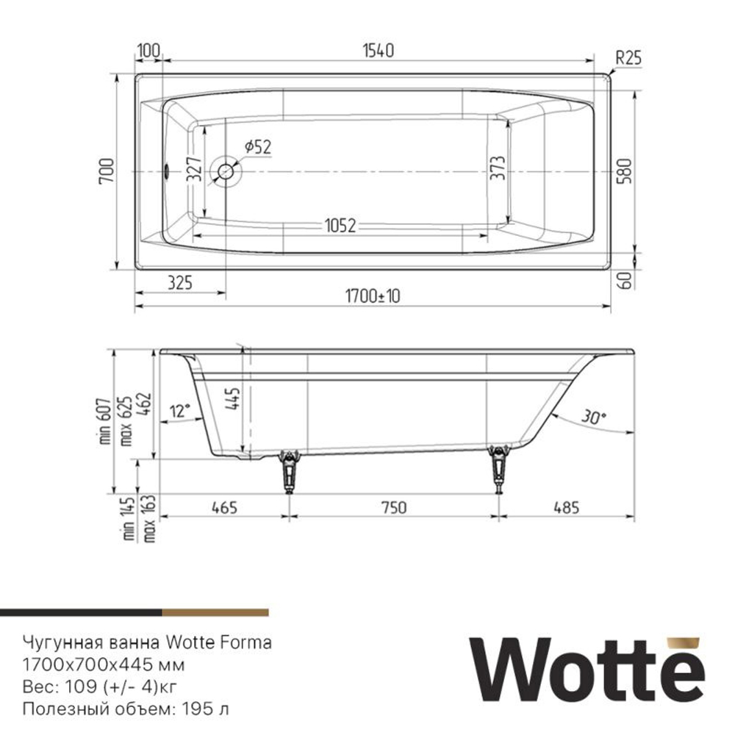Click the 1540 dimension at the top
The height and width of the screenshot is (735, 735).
coord(379,51)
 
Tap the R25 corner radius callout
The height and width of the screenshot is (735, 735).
coord(628,58)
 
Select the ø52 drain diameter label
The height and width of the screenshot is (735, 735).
coord(257,146)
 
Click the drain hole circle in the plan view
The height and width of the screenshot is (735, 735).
coord(225,173)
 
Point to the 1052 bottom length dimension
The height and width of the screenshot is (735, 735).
coord(338,226)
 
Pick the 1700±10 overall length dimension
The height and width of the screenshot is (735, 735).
coord(373,295)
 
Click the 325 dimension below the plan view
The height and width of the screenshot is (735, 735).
coord(180,282)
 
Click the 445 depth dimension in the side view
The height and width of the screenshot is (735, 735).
coord(234,400)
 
